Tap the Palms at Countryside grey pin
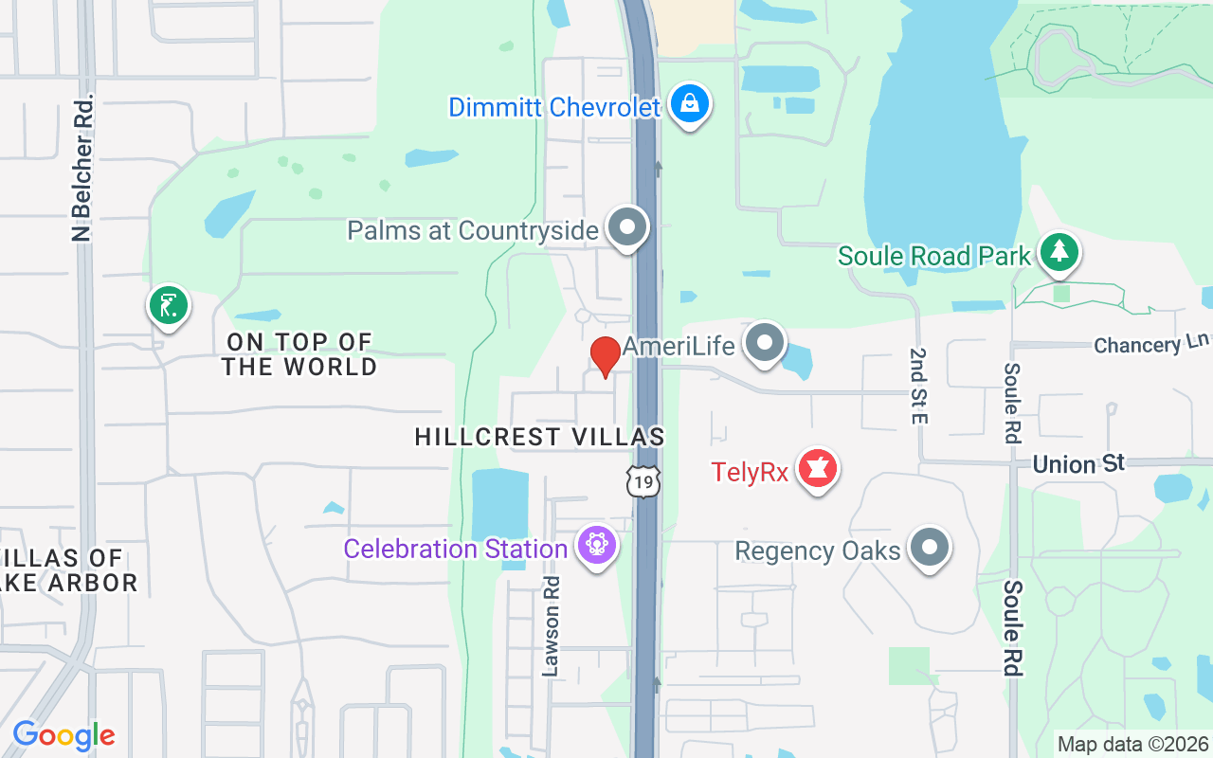626,227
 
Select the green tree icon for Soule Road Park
1059,252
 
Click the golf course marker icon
169,306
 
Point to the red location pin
606,355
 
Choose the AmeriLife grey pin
764,343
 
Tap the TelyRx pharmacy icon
817,469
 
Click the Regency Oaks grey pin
930,548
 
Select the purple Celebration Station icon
597,546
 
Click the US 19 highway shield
643,482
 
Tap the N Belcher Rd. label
83,166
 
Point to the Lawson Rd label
552,625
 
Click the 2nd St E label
917,385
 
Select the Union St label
1078,463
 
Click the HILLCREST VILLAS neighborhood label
539,437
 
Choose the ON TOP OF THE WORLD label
299,353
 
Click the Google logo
63,735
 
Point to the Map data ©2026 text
1133,745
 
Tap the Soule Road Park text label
933,256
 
